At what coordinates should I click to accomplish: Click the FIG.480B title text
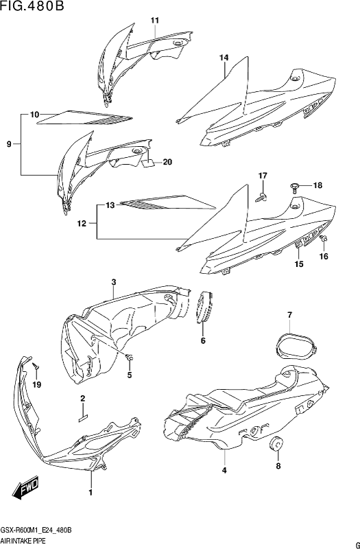coord(32,6)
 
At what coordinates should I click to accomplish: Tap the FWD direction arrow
coord(25,489)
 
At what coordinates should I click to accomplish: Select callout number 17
coord(263,176)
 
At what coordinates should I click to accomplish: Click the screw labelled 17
coord(262,198)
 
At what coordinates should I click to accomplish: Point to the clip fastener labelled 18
coord(295,187)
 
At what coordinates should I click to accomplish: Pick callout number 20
coord(167,162)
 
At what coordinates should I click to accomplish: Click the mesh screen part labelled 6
coord(204,307)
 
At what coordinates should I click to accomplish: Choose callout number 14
coord(224,58)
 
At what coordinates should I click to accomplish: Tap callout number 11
coord(155,21)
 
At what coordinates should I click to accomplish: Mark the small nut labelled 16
coord(324,239)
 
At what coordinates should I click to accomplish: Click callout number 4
coord(225,470)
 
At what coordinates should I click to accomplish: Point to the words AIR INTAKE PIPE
coord(23,541)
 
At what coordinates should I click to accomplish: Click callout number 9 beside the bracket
coord(10,143)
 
